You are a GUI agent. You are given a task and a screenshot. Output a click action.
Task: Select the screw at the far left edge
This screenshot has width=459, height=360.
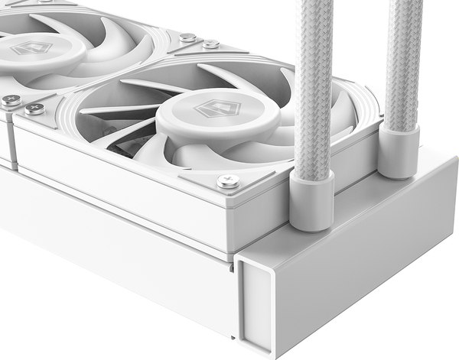pos(10,99)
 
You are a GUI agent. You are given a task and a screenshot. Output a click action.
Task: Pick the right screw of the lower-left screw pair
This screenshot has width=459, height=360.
pos(34,109)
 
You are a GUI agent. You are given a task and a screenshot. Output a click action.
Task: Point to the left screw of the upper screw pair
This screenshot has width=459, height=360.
pos(187,37)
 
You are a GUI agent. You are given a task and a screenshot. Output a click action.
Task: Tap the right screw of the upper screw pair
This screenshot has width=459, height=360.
pos(211,44)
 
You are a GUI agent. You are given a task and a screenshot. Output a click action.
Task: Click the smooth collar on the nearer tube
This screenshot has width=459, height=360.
pos(312,200)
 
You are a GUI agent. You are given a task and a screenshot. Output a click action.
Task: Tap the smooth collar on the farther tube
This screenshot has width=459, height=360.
pos(399,152)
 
